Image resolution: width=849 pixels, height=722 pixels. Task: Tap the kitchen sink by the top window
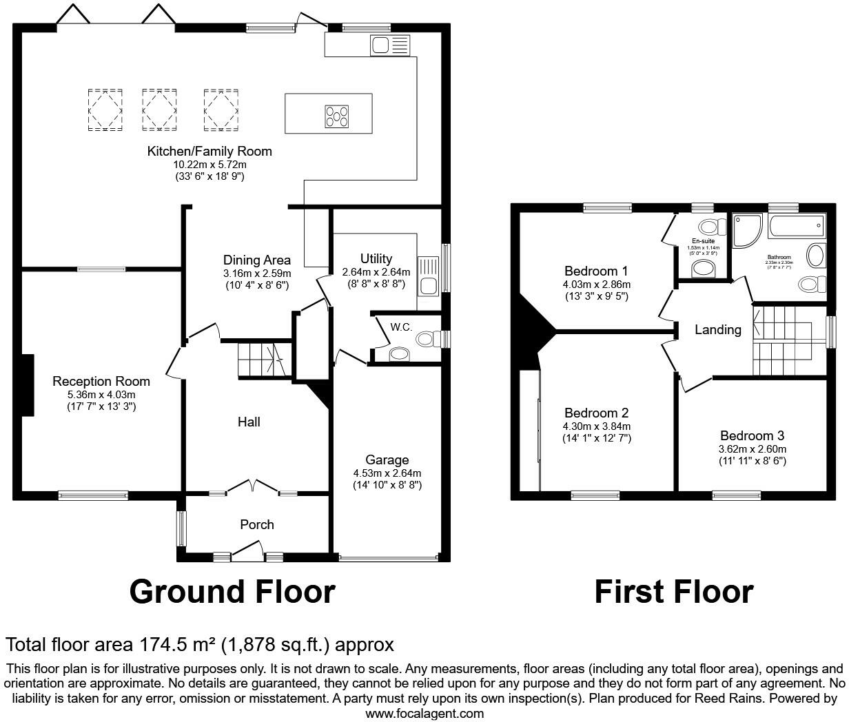click(x=389, y=45)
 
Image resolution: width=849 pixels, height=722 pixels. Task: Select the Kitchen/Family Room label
click(x=209, y=151)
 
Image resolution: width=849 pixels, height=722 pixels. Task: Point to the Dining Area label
click(x=256, y=260)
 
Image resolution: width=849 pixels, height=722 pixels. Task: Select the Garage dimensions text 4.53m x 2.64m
click(x=387, y=473)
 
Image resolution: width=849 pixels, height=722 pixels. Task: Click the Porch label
click(x=256, y=524)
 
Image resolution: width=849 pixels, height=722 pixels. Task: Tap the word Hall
click(x=249, y=422)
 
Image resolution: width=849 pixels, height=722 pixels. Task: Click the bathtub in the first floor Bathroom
click(x=797, y=225)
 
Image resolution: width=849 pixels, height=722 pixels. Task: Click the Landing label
click(x=717, y=329)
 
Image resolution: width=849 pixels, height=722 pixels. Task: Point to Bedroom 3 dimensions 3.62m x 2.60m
click(x=752, y=448)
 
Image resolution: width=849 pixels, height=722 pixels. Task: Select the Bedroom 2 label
click(x=596, y=413)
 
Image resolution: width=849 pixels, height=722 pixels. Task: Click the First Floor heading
click(x=673, y=592)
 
